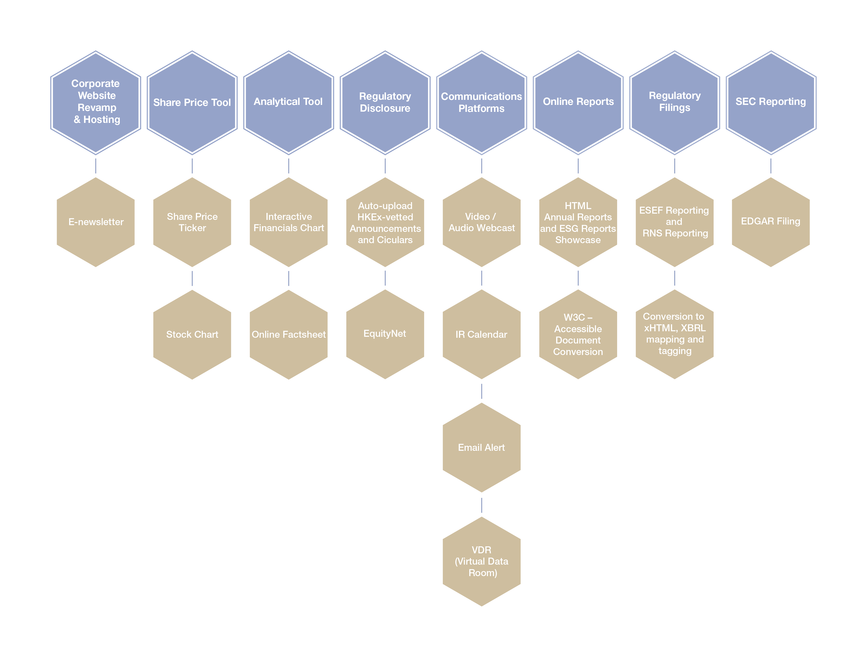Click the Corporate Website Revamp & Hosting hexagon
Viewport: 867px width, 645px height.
(96, 102)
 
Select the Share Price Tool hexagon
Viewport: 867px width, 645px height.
(192, 102)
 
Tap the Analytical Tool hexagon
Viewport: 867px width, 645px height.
(289, 102)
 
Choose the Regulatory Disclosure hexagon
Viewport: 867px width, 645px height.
(385, 102)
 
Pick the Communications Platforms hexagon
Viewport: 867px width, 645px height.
(481, 102)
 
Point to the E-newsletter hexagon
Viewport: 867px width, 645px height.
(96, 222)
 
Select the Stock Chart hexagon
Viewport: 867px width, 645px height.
(192, 334)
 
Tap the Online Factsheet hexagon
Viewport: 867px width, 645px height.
(289, 334)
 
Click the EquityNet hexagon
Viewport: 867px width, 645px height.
(385, 334)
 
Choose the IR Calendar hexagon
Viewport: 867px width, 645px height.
(481, 334)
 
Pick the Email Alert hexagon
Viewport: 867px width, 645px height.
(481, 447)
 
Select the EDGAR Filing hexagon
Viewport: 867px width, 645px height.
(771, 222)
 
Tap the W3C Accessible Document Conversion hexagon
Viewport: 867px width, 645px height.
(578, 334)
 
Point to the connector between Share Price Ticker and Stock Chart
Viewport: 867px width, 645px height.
(192, 278)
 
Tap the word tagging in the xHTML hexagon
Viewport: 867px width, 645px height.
(674, 351)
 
